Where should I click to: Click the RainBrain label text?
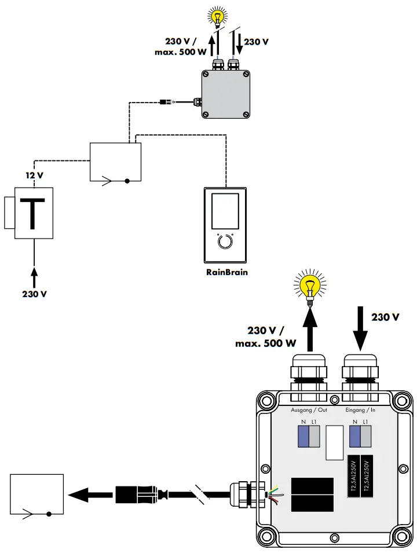click(227, 272)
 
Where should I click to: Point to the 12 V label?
click(34, 174)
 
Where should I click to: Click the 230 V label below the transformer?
click(34, 294)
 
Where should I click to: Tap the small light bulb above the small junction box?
click(218, 15)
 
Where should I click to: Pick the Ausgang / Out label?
click(309, 410)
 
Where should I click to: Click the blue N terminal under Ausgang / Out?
click(303, 437)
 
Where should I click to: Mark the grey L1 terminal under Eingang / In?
click(365, 437)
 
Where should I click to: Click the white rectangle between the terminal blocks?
click(334, 443)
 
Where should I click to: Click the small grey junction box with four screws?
click(226, 94)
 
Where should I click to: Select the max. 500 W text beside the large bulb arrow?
click(266, 343)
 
